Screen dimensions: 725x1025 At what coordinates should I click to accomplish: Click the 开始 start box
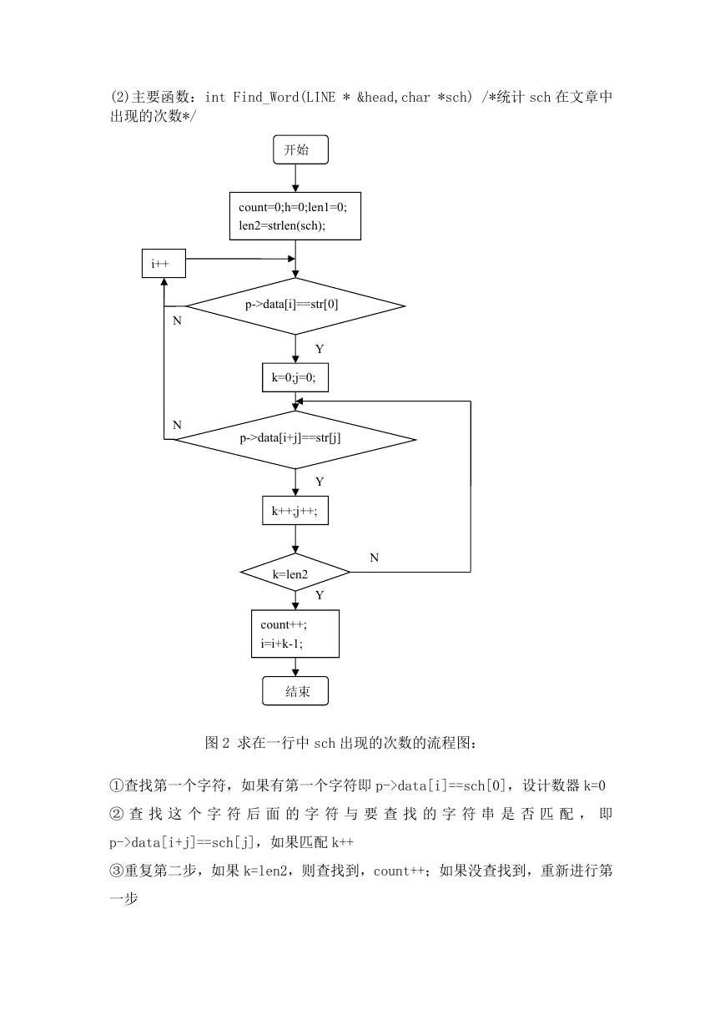tap(300, 149)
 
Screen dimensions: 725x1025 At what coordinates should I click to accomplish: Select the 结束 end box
tap(295, 691)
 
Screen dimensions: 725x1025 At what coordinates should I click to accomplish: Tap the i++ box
tap(164, 263)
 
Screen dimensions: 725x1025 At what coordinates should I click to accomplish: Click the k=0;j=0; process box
tap(295, 377)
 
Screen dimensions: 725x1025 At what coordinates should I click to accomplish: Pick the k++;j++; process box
tap(295, 511)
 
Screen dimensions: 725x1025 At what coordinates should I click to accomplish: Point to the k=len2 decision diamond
tap(295, 572)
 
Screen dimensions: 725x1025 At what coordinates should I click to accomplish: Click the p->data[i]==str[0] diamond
tap(295, 306)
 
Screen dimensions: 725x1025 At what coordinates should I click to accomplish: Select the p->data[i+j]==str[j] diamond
tap(295, 440)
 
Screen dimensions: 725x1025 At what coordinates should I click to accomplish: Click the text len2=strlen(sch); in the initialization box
tap(282, 225)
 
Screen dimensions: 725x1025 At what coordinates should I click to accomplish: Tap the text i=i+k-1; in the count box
tap(281, 644)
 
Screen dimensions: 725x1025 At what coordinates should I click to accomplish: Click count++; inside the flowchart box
tap(284, 625)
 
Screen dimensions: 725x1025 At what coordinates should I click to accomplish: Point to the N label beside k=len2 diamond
tap(374, 558)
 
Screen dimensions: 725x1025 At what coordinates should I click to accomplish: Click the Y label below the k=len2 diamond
tap(320, 595)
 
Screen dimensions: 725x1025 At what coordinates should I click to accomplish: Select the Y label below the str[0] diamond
tap(320, 349)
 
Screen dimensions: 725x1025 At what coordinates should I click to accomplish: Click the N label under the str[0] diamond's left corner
tap(177, 321)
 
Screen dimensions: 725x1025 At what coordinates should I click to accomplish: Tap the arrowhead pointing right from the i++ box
tap(291, 259)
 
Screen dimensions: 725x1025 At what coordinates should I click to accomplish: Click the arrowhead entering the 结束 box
tap(295, 673)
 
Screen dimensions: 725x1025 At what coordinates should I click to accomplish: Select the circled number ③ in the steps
tap(117, 871)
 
